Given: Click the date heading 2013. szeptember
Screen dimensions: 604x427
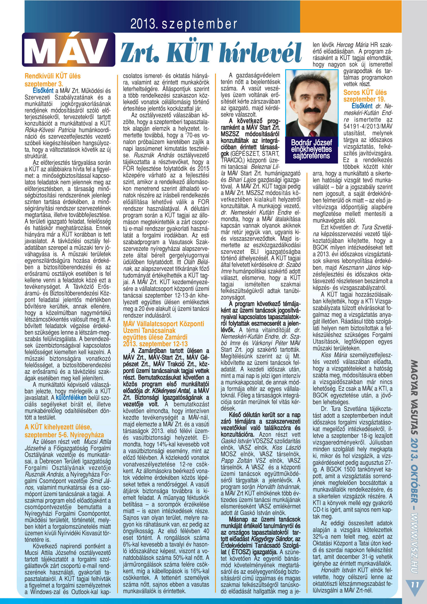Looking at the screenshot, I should pyautogui.click(x=184, y=24).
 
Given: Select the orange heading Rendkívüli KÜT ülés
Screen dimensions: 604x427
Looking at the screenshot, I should pyautogui.click(x=53, y=76).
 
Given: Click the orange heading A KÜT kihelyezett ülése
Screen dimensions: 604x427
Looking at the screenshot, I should pyautogui.click(x=58, y=427).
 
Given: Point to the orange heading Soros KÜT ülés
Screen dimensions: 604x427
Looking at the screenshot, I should pyautogui.click(x=365, y=92).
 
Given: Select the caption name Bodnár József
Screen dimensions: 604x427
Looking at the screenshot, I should pyautogui.click(x=311, y=142).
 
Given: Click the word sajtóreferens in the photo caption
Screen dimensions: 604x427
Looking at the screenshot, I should pyautogui.click(x=311, y=156).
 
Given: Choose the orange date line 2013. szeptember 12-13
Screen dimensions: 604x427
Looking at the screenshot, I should pyautogui.click(x=155, y=344).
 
